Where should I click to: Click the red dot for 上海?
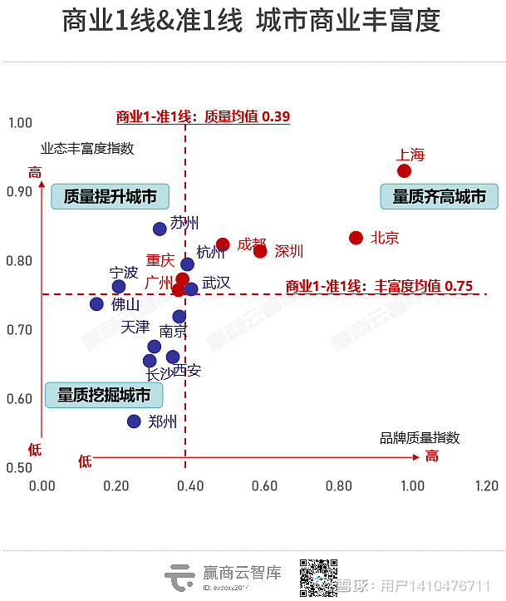[405, 171]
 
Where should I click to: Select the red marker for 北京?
[356, 238]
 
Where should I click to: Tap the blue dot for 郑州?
[135, 421]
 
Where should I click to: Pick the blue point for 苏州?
[160, 229]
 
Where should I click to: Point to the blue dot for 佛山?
[96, 304]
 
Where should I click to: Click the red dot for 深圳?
[260, 251]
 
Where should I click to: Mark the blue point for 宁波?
[119, 287]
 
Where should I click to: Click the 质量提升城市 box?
[110, 197]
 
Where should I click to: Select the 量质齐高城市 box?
[439, 197]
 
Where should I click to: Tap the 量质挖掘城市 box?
[104, 396]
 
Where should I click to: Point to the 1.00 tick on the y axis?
[19, 123]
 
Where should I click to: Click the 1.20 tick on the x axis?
[486, 485]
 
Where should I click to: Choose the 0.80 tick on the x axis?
[339, 485]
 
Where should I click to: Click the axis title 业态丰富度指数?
[87, 149]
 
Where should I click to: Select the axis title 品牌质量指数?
[420, 437]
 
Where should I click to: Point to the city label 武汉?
[216, 283]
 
